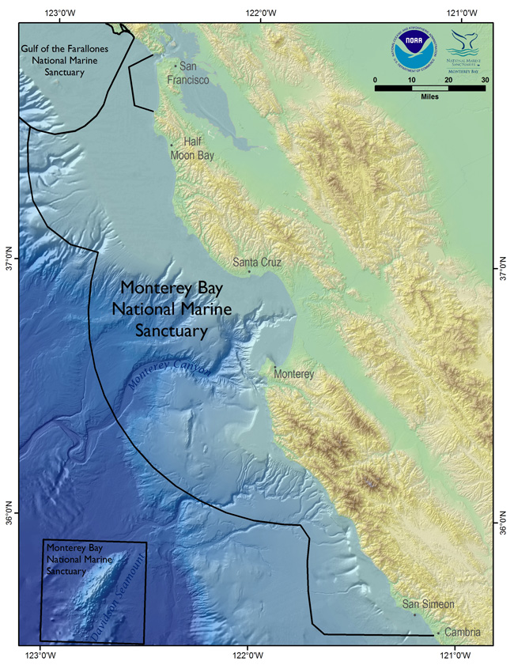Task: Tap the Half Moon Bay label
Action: click(x=193, y=149)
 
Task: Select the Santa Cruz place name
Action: click(x=257, y=262)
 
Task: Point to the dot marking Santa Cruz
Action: click(x=249, y=272)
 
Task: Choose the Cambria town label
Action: click(x=462, y=633)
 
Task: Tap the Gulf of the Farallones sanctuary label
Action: click(x=52, y=61)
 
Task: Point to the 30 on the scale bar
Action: click(x=484, y=79)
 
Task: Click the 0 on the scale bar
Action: click(x=376, y=79)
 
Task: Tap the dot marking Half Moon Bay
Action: click(x=172, y=145)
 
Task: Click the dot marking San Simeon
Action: click(x=414, y=614)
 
